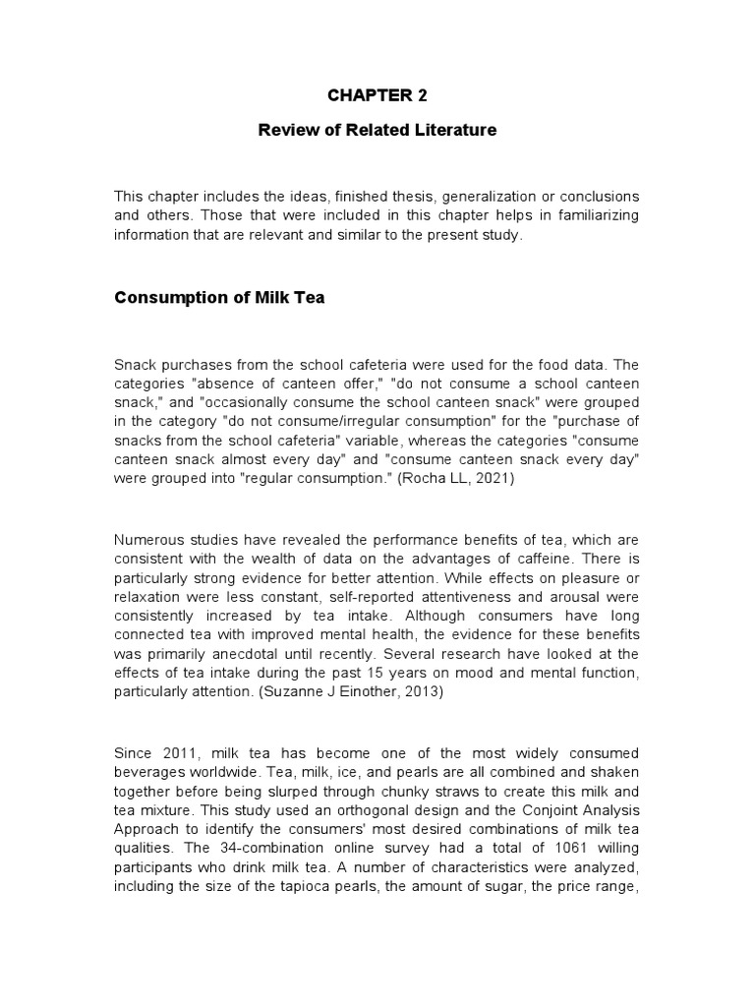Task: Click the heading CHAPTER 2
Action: (x=377, y=95)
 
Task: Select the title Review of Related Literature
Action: (x=377, y=130)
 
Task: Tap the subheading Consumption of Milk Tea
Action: (x=219, y=298)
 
